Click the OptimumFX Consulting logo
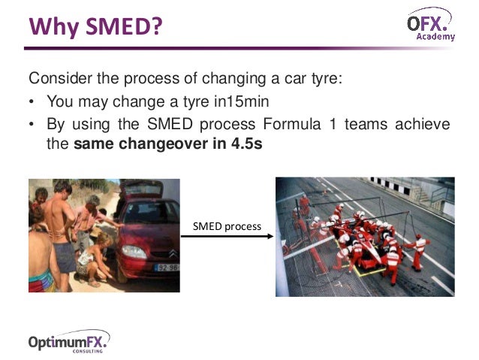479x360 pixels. point(68,341)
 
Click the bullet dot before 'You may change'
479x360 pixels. point(33,102)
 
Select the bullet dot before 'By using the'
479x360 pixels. point(33,124)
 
